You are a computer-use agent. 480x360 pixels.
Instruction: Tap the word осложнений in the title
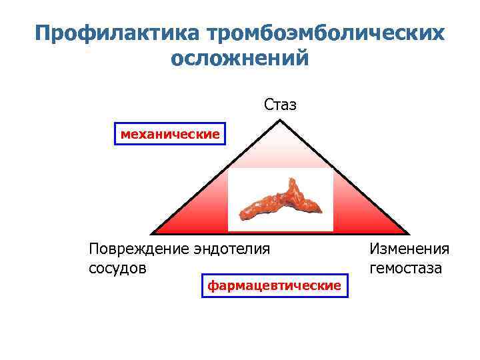240,59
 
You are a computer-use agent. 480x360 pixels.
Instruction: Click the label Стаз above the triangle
280,105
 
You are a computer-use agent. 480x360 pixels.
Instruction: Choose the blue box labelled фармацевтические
274,285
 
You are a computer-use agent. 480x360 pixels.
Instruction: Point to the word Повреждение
138,249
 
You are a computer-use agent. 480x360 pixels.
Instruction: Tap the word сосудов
117,268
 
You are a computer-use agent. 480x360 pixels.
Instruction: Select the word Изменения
409,249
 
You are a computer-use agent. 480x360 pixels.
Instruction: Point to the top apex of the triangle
281,121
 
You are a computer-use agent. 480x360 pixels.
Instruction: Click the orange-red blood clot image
280,199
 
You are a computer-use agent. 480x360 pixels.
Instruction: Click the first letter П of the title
44,33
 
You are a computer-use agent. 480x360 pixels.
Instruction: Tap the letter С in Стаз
268,105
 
